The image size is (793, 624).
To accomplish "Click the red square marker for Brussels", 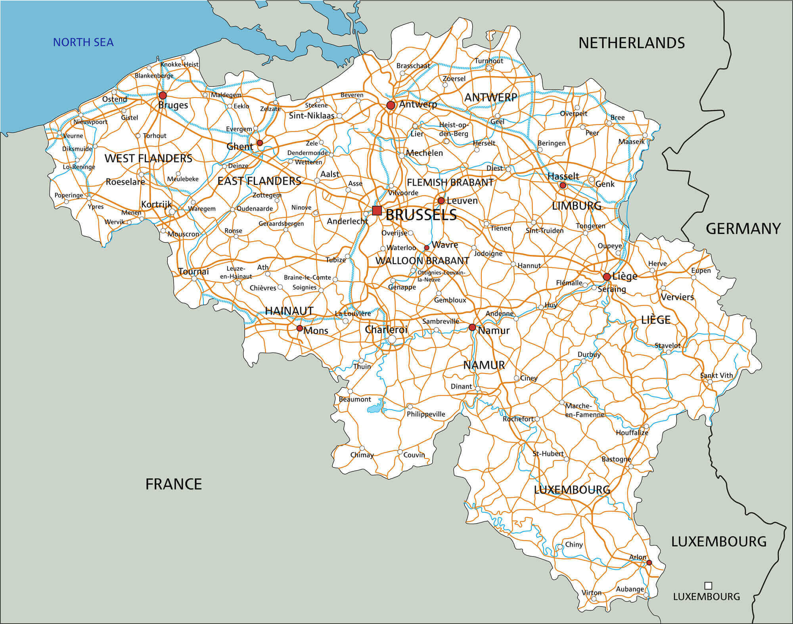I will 377,211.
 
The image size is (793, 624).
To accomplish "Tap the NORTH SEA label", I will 83,42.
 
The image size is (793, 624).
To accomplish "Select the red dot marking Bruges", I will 163,96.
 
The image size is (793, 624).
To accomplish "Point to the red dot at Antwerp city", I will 391,105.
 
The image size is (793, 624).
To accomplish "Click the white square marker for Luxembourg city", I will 708,586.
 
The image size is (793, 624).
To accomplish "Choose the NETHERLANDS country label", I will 631,43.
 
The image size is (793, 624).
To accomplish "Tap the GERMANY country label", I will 743,229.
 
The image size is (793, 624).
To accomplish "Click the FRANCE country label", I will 173,484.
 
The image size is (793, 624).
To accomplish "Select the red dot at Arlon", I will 649,562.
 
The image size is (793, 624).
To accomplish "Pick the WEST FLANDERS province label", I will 148,159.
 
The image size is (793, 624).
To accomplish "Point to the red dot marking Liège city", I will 607,277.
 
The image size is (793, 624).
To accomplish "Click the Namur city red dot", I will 472,327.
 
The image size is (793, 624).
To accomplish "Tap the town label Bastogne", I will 616,459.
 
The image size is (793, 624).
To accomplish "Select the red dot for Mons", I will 300,328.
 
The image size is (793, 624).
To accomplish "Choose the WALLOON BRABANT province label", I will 422,261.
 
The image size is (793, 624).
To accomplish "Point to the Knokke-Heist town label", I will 179,65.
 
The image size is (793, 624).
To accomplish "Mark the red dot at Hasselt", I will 563,185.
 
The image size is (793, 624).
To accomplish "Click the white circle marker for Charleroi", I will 392,339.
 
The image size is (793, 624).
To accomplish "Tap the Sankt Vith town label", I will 716,375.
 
